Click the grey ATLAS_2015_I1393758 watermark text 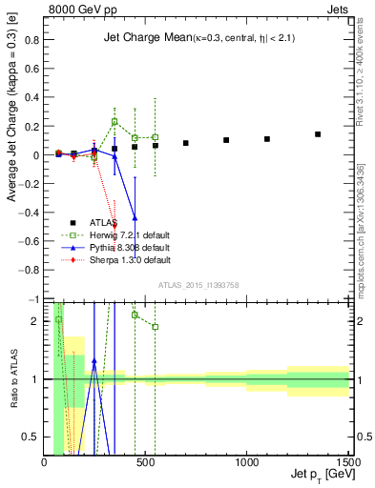(198, 285)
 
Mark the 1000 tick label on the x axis (247, 462)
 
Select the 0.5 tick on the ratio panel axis (34, 437)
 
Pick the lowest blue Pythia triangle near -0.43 (135, 217)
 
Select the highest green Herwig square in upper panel (115, 122)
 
